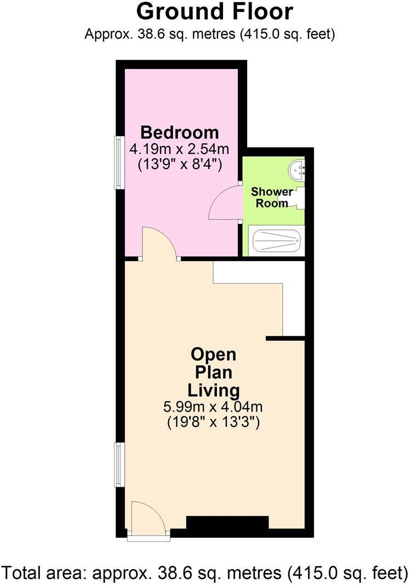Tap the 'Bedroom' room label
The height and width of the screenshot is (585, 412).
click(179, 132)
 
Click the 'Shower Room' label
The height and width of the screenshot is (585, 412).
click(269, 198)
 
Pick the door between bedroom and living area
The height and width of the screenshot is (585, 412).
click(159, 244)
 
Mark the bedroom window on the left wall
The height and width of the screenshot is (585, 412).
click(118, 162)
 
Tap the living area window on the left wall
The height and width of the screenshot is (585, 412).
click(118, 465)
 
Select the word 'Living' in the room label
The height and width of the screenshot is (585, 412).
click(214, 391)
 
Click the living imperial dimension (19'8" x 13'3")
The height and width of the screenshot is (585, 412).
click(214, 423)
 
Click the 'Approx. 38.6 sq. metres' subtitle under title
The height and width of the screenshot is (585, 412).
click(210, 34)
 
